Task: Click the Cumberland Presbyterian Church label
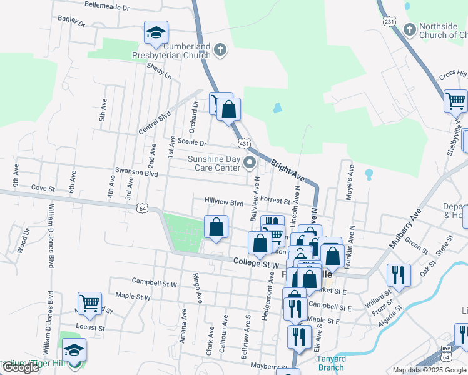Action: (186, 51)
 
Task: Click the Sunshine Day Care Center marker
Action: (250, 164)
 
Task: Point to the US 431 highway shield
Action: (245, 144)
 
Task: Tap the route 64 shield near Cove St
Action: (143, 207)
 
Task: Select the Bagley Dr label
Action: (71, 21)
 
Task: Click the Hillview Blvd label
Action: (223, 202)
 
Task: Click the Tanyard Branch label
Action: (332, 363)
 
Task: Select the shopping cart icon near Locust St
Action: (89, 302)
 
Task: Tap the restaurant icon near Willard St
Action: (399, 274)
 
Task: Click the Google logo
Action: (21, 367)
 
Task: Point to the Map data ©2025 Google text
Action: (429, 370)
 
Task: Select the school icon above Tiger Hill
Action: (74, 349)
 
